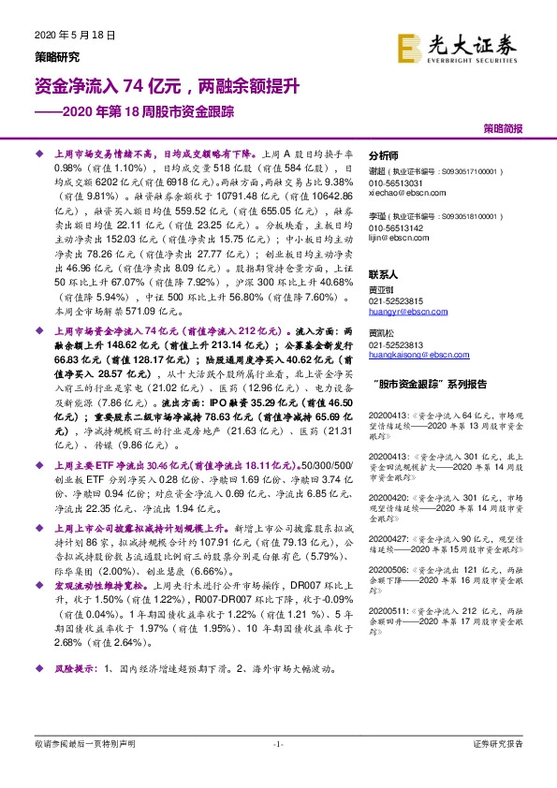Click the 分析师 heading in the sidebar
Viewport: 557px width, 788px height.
click(384, 155)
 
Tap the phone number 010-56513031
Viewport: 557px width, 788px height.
click(396, 184)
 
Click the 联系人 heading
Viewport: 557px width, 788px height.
click(384, 276)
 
